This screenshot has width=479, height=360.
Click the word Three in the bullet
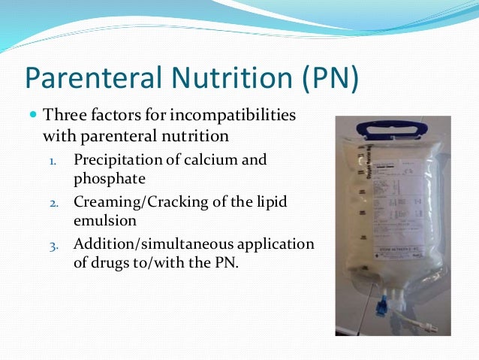pyautogui.click(x=63, y=117)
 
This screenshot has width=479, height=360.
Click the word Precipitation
pyautogui.click(x=117, y=160)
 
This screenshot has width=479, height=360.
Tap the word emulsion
pyautogui.click(x=105, y=222)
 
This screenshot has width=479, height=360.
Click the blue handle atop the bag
pyautogui.click(x=389, y=126)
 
